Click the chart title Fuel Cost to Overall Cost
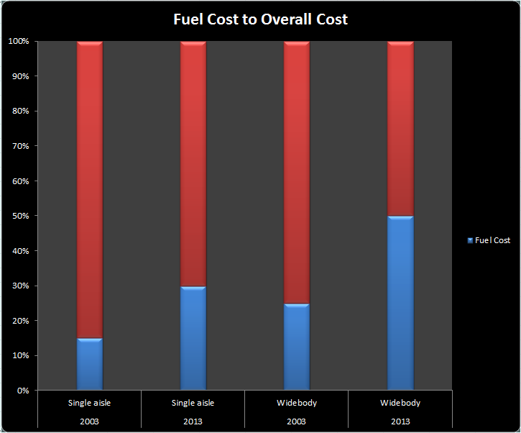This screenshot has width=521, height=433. (x=260, y=19)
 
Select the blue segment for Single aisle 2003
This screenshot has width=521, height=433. (x=90, y=364)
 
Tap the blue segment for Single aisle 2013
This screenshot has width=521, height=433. (x=193, y=338)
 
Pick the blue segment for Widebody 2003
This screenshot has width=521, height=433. (x=297, y=347)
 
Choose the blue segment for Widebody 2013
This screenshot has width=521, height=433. (x=400, y=303)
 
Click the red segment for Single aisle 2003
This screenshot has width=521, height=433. (x=90, y=189)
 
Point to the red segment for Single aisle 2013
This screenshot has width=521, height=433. (x=193, y=163)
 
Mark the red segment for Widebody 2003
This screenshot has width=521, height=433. (x=297, y=172)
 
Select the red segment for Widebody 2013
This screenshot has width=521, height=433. (x=400, y=128)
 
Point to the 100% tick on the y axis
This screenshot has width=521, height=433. (x=19, y=41)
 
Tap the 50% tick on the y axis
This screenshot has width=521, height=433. (x=20, y=216)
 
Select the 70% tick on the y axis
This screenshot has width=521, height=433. (x=20, y=146)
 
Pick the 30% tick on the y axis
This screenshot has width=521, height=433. (x=20, y=286)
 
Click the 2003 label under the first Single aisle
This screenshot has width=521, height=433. (x=90, y=421)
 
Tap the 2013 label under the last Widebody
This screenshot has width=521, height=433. (x=400, y=421)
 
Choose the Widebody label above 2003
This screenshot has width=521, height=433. (x=297, y=403)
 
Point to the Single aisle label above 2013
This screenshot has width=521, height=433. (x=193, y=403)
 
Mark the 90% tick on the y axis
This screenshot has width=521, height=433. (x=20, y=76)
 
